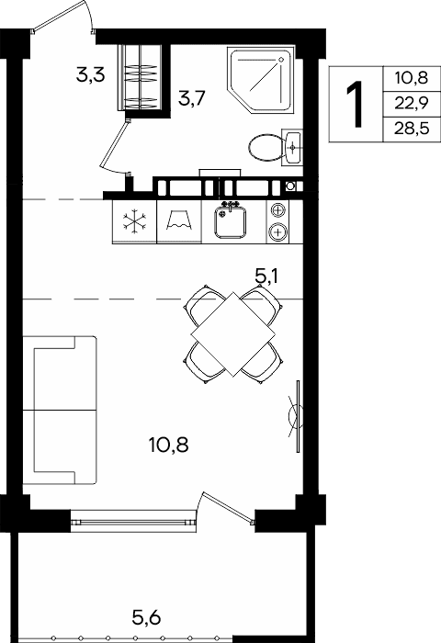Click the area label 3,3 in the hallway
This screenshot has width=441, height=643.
pos(91,75)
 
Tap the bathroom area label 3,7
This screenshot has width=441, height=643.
pos(192,98)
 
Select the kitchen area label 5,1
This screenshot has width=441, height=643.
pos(266,276)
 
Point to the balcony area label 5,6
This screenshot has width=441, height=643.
pos(146,617)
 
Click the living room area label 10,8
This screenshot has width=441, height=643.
pos(169,445)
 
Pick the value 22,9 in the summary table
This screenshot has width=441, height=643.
pos(412,103)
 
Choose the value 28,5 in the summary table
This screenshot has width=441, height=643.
pos(412,129)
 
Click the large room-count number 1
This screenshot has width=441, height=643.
pos(355,104)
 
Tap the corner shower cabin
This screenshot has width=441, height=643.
pos(261,79)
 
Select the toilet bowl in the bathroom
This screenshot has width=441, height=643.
pos(266,147)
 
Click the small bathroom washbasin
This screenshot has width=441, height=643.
pos(292,147)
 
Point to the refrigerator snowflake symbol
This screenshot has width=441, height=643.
pos(134,221)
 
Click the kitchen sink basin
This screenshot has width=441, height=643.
pos(231,222)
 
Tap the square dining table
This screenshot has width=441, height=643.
pos(233,334)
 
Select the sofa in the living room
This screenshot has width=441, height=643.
pos(60,410)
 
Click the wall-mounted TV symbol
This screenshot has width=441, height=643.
pos(297,416)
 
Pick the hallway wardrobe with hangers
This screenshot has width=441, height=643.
pos(140,77)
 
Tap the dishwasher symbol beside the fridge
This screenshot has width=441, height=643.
pos(179,221)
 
